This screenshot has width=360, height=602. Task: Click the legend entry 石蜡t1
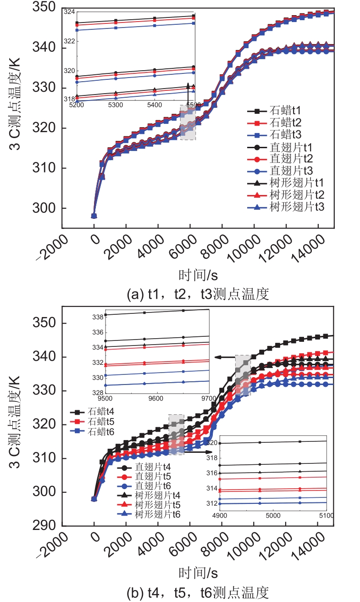coord(284,111)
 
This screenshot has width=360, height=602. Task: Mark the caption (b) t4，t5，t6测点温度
coord(198,591)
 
